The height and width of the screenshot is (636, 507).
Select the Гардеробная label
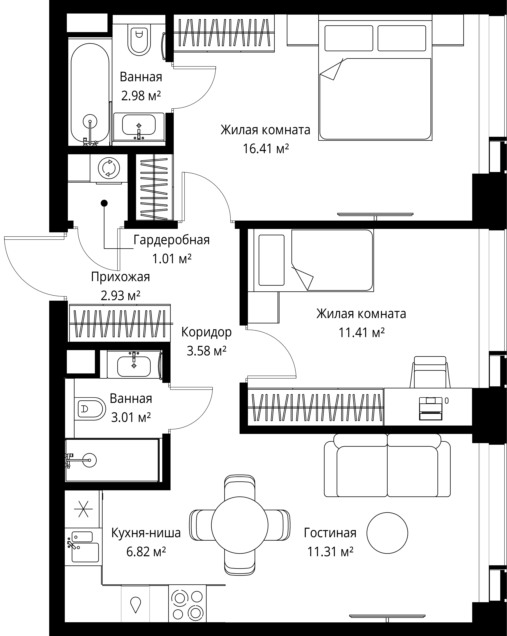[x=171, y=240]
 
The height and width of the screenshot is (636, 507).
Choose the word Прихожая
[x=120, y=277]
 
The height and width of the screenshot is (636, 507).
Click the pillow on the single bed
[x=271, y=260]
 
